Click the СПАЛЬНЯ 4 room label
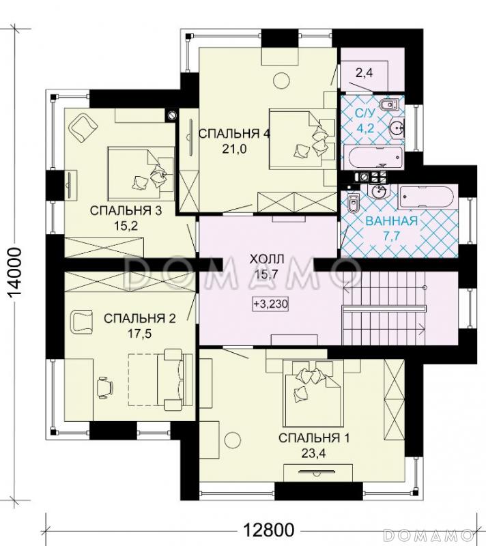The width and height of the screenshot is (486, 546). (234, 134)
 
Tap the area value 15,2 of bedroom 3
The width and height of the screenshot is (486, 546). (126, 226)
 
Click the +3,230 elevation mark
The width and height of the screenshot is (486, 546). (270, 304)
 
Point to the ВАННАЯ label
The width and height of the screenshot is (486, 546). (392, 220)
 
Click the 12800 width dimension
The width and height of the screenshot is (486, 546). (268, 530)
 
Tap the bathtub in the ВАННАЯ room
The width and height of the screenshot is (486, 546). (426, 198)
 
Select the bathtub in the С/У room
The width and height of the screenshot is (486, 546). (373, 158)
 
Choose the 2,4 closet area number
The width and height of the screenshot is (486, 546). (364, 73)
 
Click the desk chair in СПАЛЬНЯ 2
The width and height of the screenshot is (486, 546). (105, 386)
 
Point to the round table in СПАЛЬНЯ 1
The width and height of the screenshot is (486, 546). (233, 440)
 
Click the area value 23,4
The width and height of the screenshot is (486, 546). (314, 453)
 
